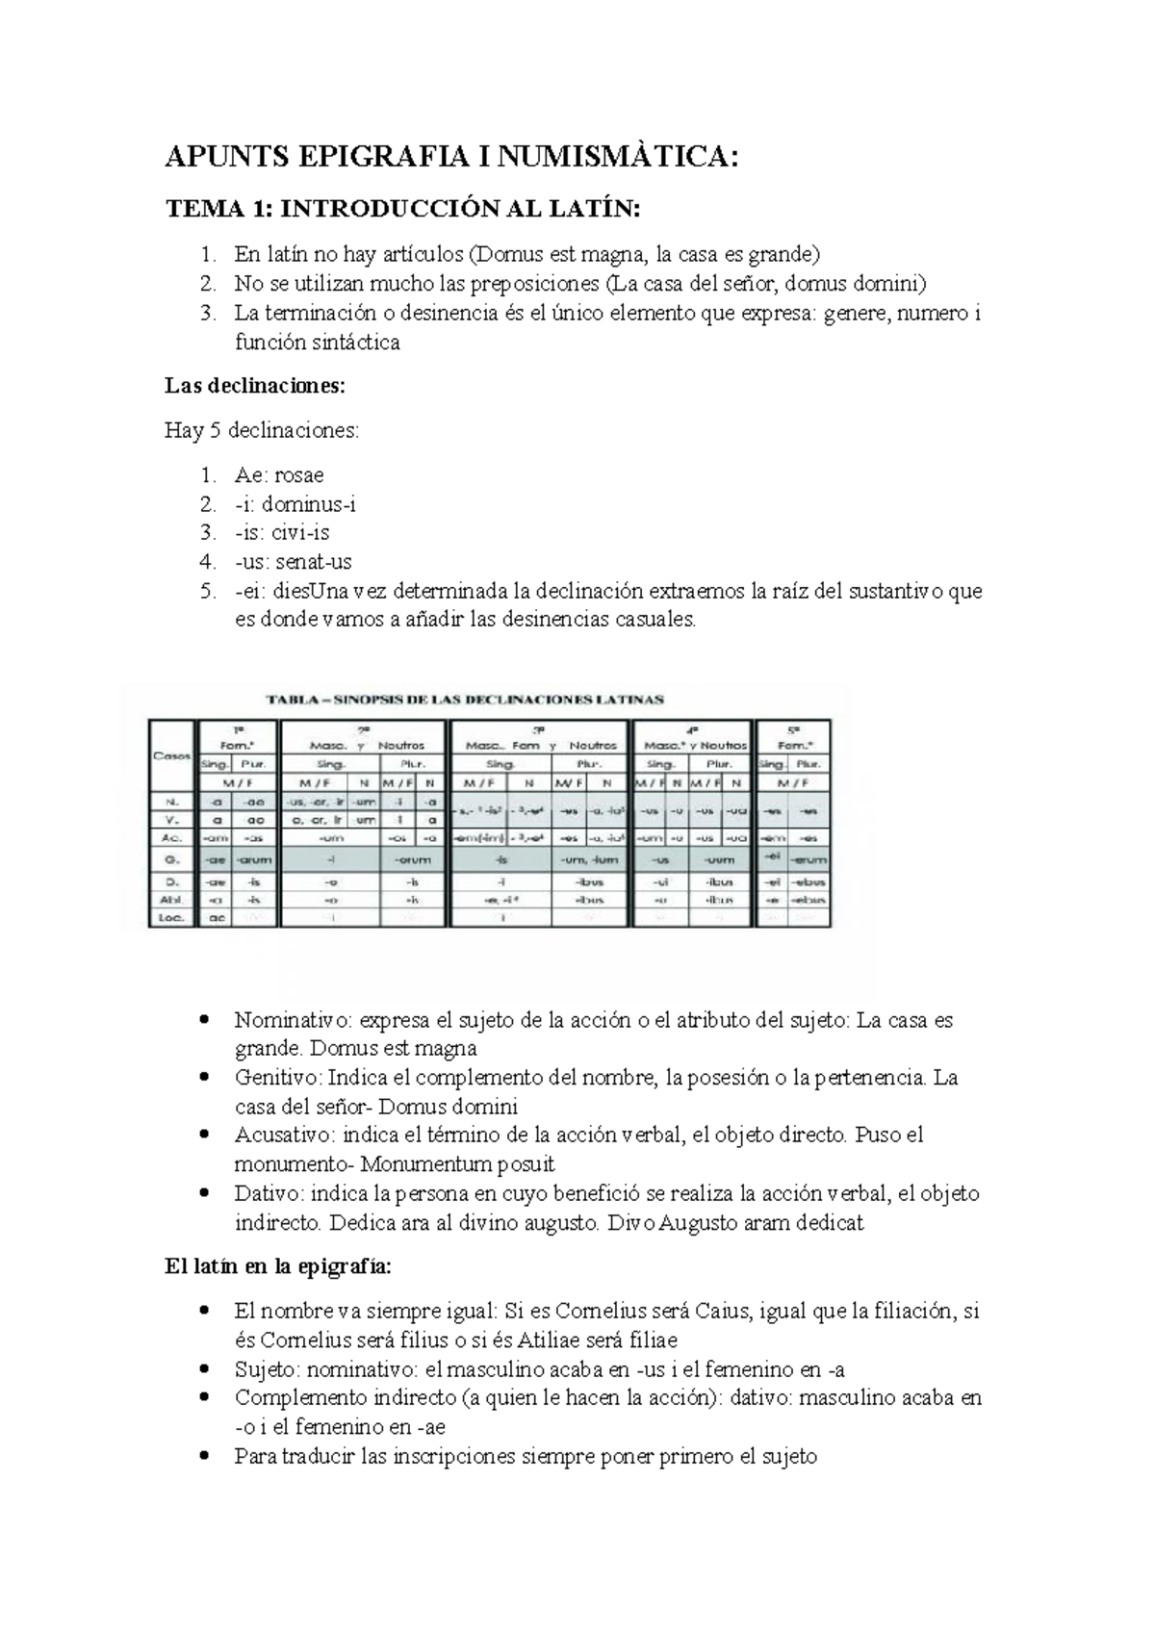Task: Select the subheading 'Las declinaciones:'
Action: (254, 386)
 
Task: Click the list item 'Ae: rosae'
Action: (279, 474)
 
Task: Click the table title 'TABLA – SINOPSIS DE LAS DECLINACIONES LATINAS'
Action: (464, 700)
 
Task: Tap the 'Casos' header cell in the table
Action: (171, 755)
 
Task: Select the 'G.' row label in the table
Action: (171, 859)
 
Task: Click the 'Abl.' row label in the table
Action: (171, 900)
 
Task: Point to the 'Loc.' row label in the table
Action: (171, 919)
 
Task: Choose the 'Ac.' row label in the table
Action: (171, 838)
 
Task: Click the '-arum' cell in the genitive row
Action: (255, 859)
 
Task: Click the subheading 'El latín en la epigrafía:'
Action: (278, 1266)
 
